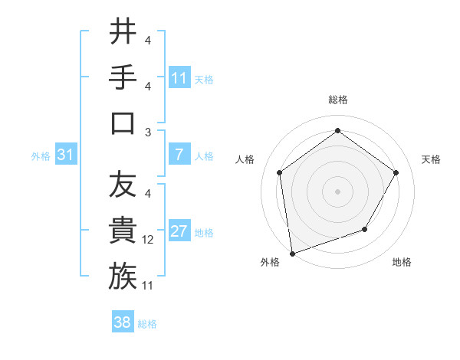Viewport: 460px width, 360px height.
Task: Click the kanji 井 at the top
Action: [x=123, y=33]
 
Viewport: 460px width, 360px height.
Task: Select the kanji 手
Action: [x=123, y=77]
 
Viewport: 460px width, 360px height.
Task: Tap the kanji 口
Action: [x=123, y=123]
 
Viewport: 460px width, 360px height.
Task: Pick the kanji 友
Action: [x=123, y=185]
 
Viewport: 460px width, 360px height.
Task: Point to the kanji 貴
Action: [x=123, y=231]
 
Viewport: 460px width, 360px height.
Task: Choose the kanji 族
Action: [x=123, y=276]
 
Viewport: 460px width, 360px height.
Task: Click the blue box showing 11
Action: [x=179, y=77]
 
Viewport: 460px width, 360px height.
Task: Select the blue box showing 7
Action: [x=179, y=155]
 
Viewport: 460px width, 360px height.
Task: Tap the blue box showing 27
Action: [x=179, y=231]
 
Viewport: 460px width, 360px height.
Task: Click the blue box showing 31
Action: [x=65, y=155]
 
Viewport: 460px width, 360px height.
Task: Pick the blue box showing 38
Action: [x=122, y=322]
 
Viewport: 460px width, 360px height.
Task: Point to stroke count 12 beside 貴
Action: [x=148, y=241]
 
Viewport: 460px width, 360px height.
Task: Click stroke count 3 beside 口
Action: [x=147, y=133]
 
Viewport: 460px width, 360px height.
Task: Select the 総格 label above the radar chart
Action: [x=337, y=100]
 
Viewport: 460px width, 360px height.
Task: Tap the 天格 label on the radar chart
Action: [x=431, y=159]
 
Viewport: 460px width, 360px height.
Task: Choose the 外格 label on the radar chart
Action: [x=270, y=262]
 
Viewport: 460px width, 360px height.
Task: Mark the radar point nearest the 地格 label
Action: [x=365, y=229]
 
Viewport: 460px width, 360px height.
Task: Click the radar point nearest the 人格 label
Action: [x=280, y=172]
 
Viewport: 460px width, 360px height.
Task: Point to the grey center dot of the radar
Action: [x=337, y=191]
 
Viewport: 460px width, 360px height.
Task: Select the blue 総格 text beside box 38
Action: [x=147, y=323]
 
